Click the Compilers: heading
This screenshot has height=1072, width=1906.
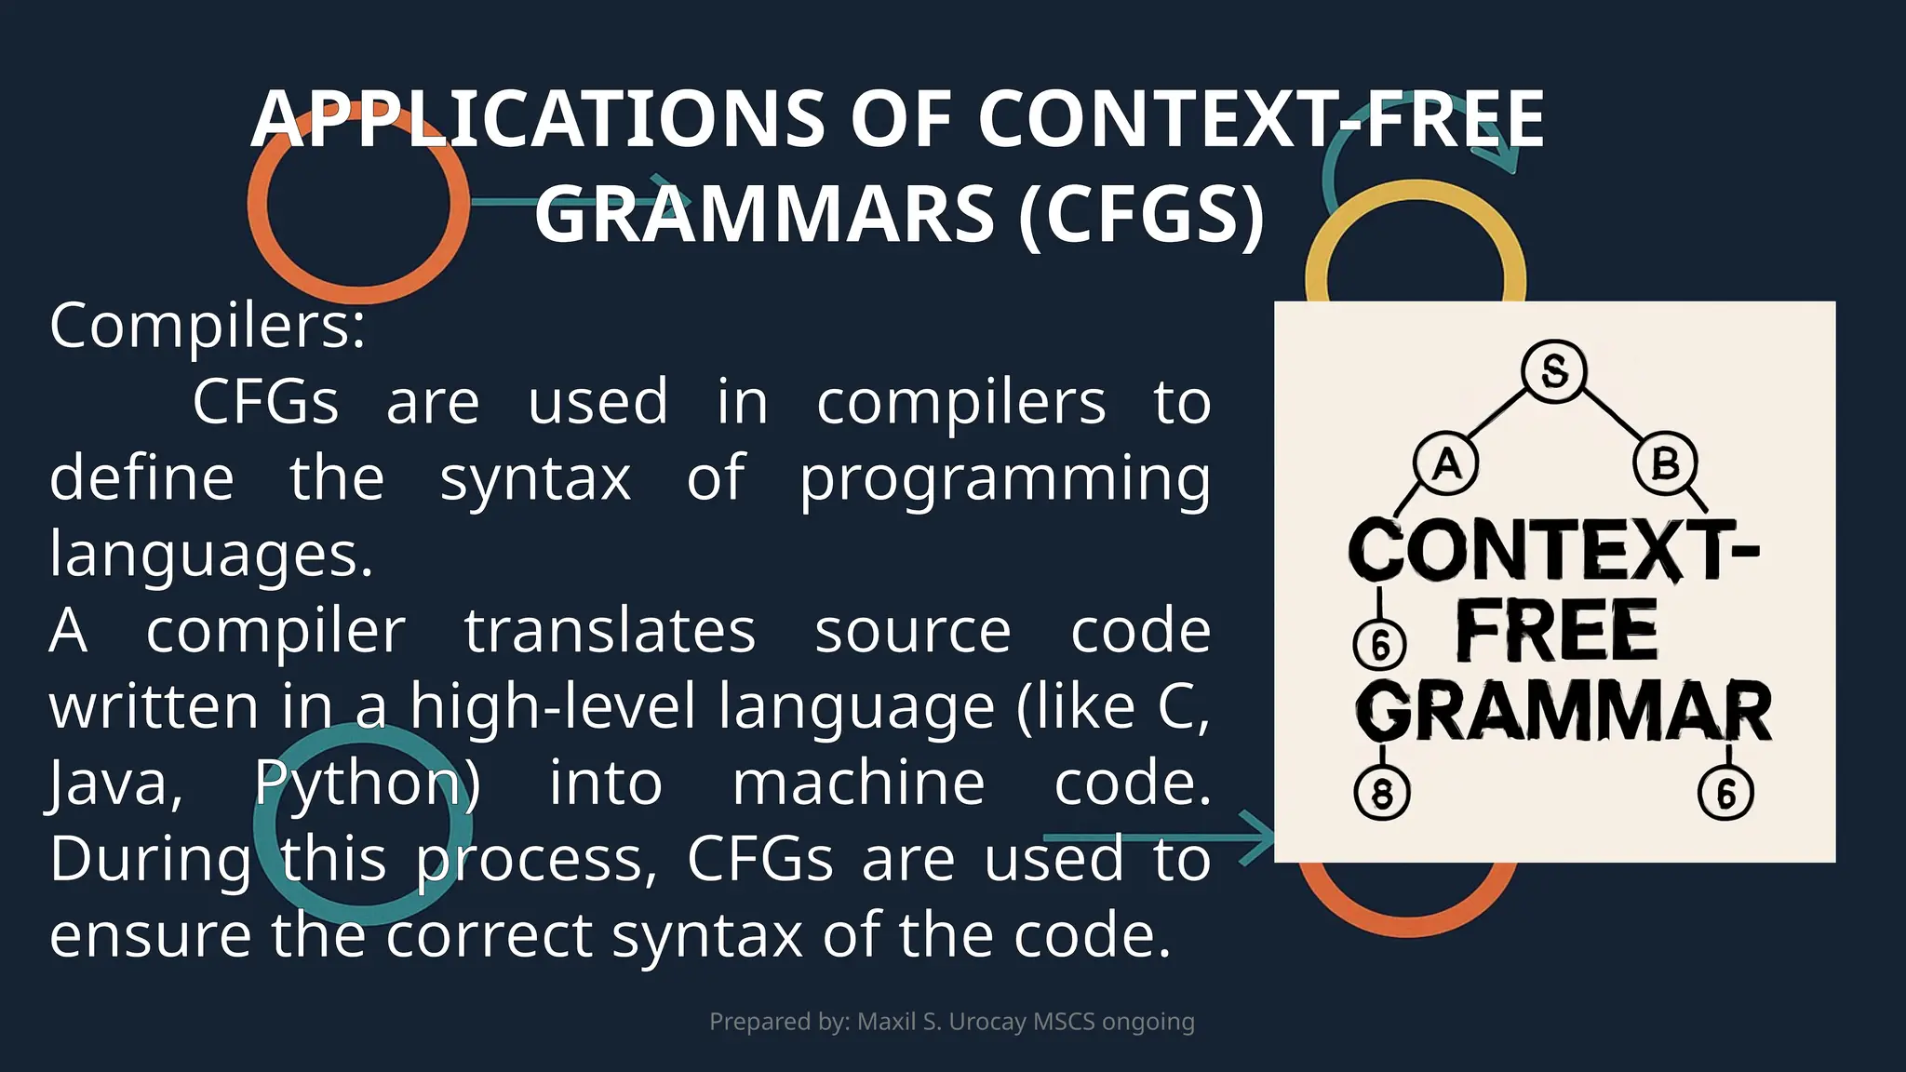click(208, 327)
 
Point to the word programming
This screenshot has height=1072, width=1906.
click(1005, 479)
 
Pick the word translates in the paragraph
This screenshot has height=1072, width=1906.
click(610, 631)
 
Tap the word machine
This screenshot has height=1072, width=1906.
click(858, 784)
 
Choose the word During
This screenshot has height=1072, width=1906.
click(150, 859)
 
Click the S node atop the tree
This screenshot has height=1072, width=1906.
click(1553, 370)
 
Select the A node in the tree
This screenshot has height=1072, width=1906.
click(1445, 462)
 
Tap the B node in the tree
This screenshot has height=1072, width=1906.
click(1665, 462)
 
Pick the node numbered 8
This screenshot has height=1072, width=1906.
click(1381, 794)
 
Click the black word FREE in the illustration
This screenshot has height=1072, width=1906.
click(1556, 631)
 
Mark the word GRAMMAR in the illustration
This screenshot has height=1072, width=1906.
click(1564, 712)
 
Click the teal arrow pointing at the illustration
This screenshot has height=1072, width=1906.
click(1163, 837)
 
